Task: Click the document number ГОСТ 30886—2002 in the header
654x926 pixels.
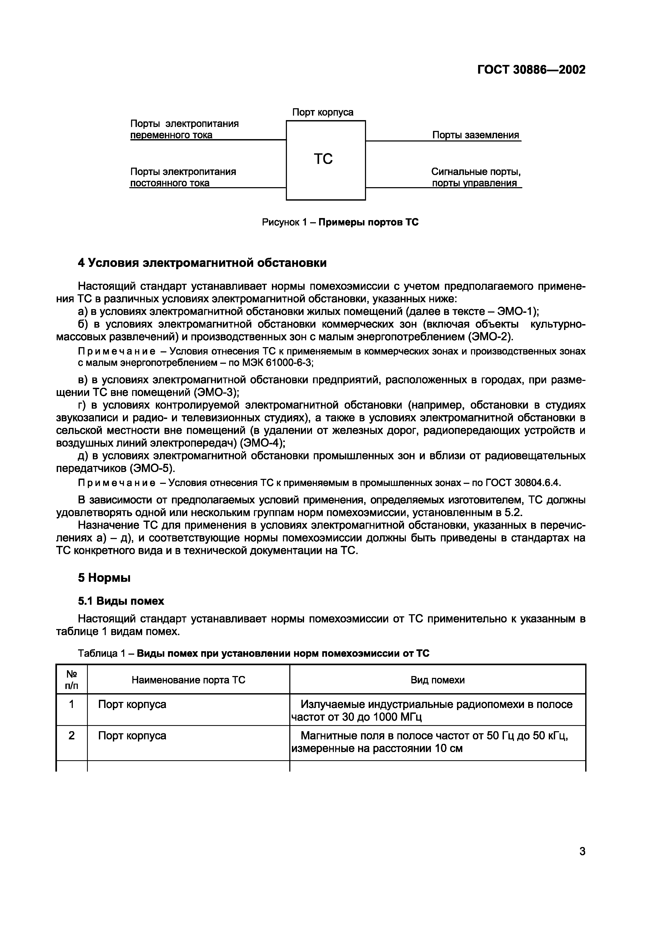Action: [531, 70]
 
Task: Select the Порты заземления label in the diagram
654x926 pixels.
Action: [475, 135]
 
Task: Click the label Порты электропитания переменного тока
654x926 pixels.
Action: [184, 129]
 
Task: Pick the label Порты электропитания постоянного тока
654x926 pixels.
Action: [182, 177]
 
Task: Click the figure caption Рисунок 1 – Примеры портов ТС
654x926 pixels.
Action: [340, 222]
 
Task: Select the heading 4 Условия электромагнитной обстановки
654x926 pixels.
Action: [202, 263]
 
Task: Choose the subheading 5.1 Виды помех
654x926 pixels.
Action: [121, 601]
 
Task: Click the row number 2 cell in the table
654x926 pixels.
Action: [71, 736]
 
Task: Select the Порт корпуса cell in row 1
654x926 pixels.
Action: [132, 704]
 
